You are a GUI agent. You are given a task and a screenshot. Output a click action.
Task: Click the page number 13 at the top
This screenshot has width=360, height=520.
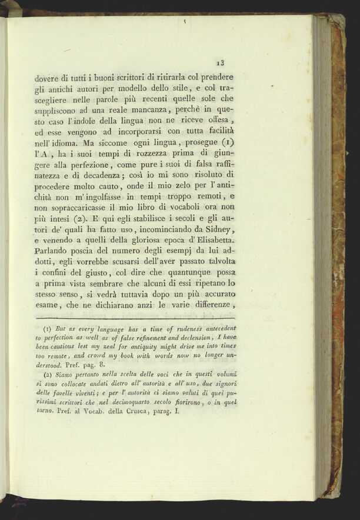tap(221, 61)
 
